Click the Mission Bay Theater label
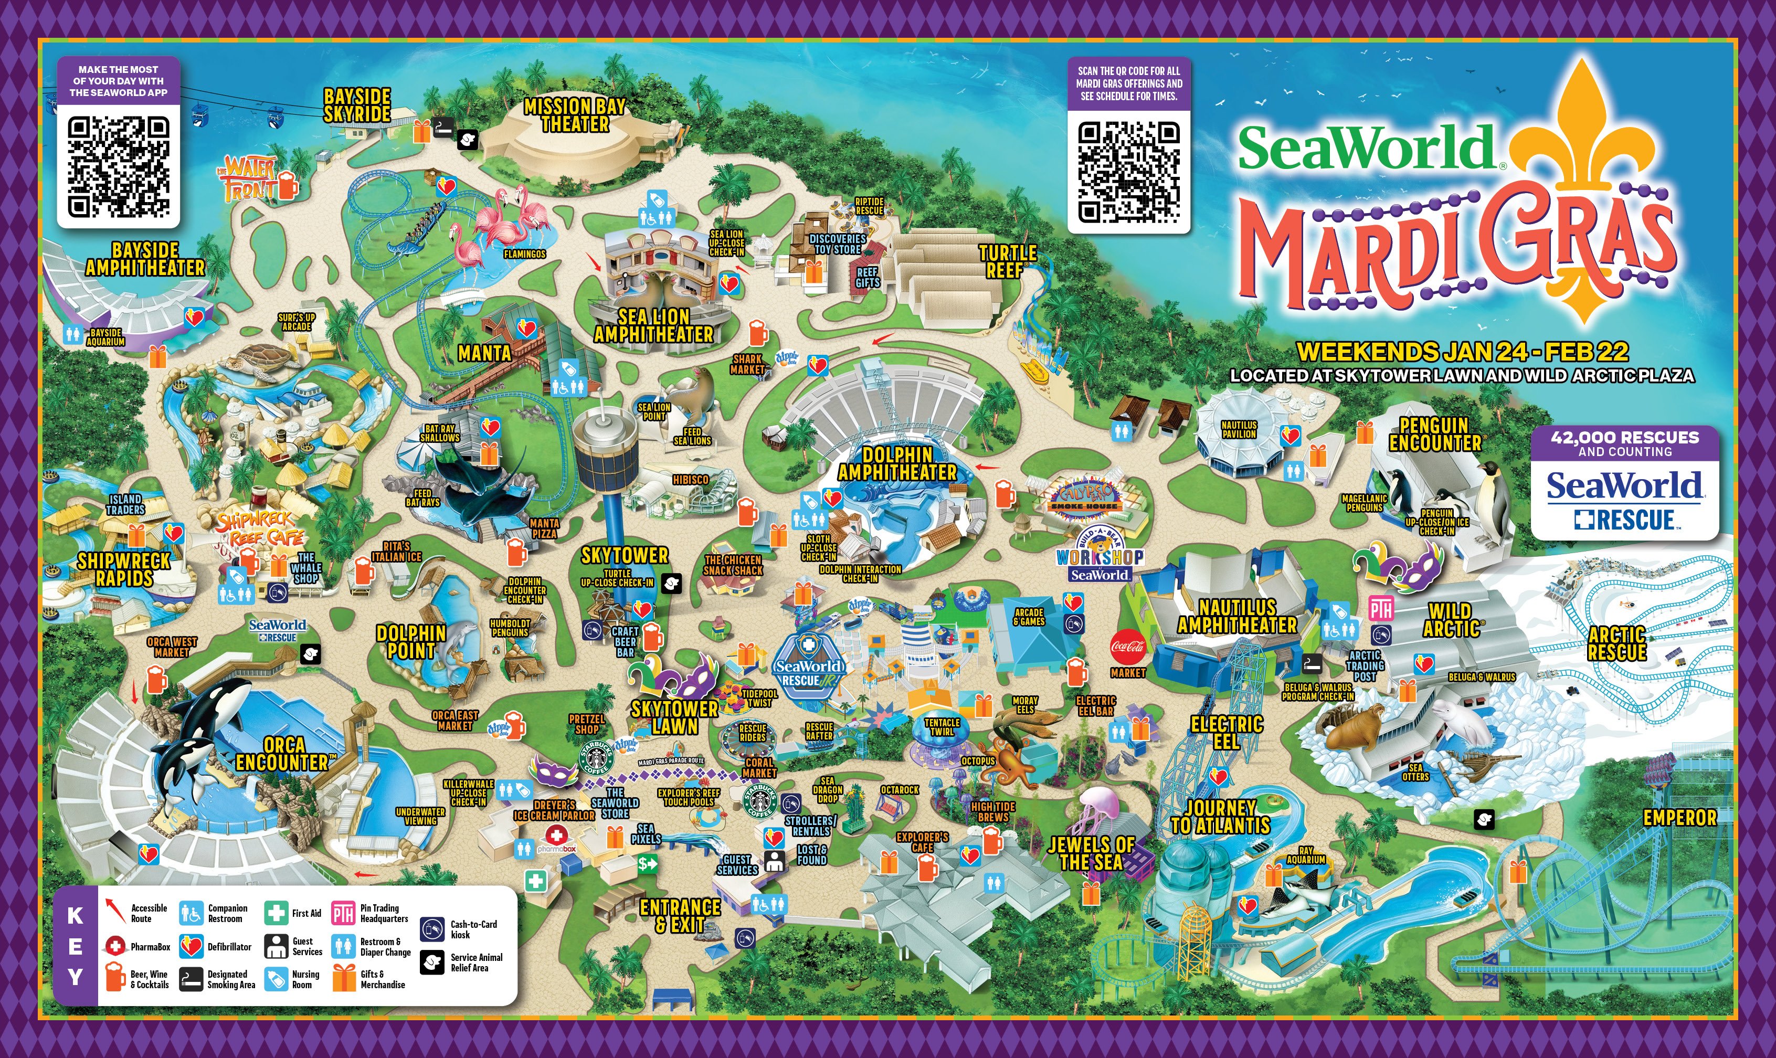pyautogui.click(x=575, y=115)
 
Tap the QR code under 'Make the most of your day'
pyautogui.click(x=119, y=167)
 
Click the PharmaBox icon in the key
pyautogui.click(x=115, y=947)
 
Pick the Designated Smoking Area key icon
pyautogui.click(x=191, y=979)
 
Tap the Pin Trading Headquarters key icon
pyautogui.click(x=343, y=913)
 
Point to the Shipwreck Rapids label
pyautogui.click(x=123, y=569)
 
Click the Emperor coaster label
pyautogui.click(x=1679, y=818)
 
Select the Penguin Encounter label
pyautogui.click(x=1434, y=434)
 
